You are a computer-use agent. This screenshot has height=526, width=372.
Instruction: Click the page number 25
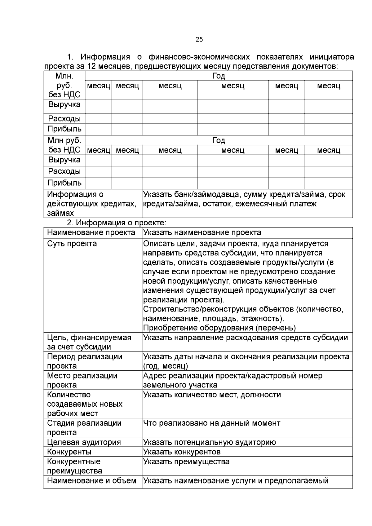pos(199,39)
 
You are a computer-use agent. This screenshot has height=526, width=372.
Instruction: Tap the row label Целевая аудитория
pos(84,442)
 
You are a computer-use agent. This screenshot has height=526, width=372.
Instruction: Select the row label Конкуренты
pos(69,452)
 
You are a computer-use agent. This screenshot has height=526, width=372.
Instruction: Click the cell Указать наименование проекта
pos(202,232)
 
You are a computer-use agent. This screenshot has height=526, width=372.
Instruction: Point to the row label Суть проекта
pos(72,244)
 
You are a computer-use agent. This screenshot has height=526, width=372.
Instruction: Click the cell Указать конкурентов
pos(182,452)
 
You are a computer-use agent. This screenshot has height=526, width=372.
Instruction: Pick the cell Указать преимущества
pos(186,462)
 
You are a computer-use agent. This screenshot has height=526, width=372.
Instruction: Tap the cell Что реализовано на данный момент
pos(212,423)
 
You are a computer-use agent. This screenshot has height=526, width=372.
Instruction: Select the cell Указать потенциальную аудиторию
pos(210,442)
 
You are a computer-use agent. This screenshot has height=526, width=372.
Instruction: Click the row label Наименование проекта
pos(91,232)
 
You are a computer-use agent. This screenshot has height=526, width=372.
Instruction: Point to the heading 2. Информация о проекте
pos(117,223)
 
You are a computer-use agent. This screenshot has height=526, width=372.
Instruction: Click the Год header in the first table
pos(219,76)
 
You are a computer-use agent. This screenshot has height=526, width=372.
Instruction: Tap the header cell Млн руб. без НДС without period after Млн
pos(64,145)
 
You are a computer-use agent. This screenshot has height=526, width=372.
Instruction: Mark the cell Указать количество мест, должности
pos(212,395)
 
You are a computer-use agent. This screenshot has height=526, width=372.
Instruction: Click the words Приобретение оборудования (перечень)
pos(219,328)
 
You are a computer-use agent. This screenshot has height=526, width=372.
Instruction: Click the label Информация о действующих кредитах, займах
pos(91,204)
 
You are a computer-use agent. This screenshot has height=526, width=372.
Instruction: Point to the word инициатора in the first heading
pos(331,57)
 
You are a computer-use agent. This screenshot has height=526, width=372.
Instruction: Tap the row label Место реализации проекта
pos(82,380)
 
